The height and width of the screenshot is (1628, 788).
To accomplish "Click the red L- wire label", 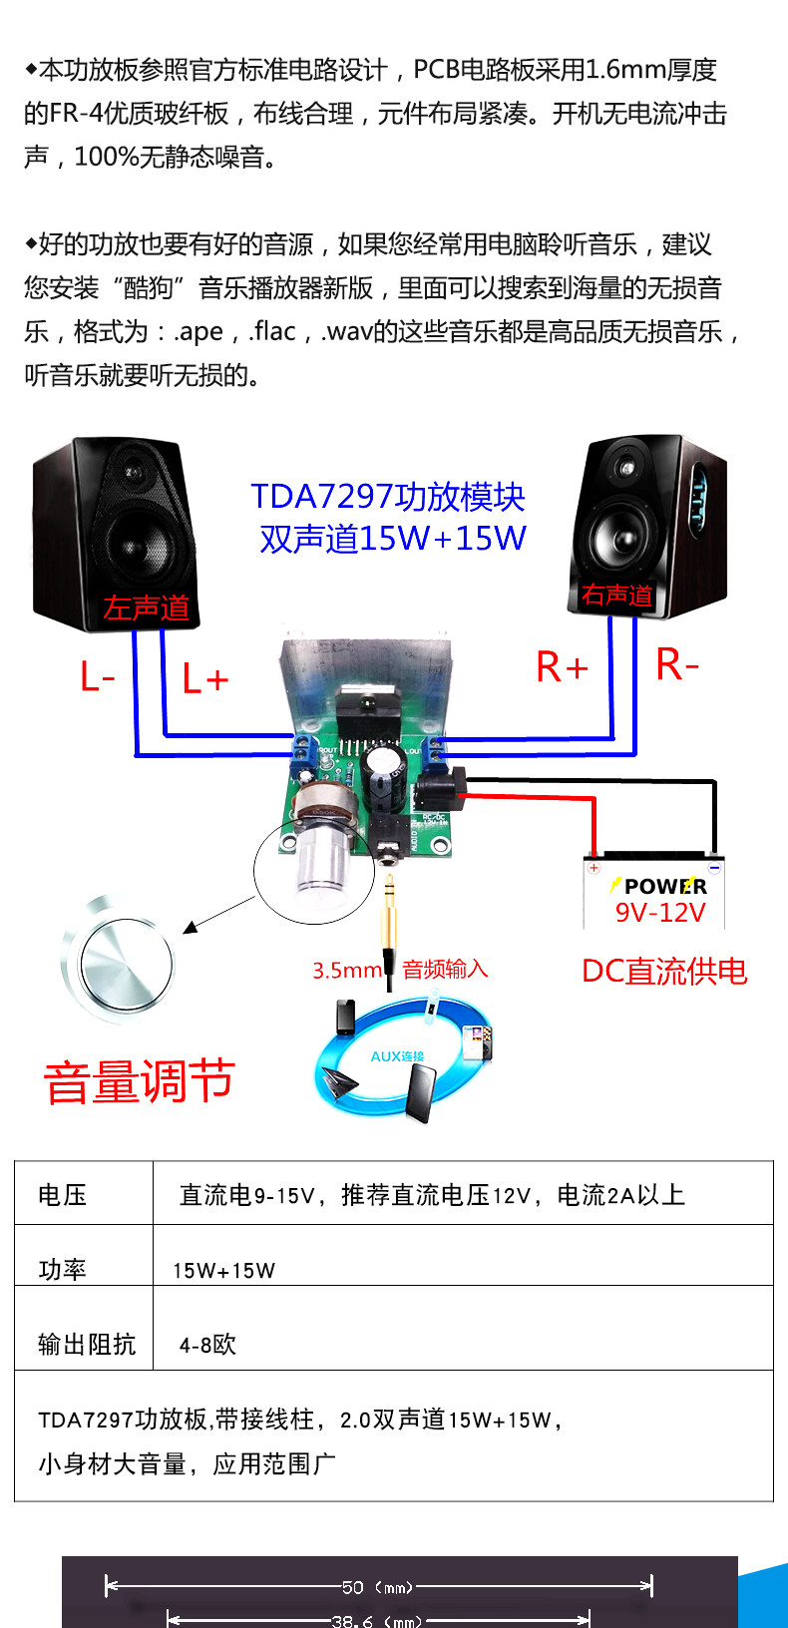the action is click(x=97, y=677).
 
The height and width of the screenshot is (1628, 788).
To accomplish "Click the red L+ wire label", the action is click(x=205, y=679).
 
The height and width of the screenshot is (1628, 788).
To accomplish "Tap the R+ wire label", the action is click(x=562, y=667).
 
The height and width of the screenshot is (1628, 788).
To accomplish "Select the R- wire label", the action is click(x=677, y=664).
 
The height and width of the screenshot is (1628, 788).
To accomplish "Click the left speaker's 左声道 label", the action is click(x=146, y=608).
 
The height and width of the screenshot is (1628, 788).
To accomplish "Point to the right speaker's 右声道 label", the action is click(x=616, y=596).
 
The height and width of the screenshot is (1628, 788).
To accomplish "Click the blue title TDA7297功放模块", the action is click(x=387, y=496).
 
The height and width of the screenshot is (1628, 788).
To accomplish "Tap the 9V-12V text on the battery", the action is click(x=659, y=912).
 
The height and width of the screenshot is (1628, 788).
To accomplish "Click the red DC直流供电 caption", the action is click(x=664, y=971).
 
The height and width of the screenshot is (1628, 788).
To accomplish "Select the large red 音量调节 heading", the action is click(x=140, y=1081).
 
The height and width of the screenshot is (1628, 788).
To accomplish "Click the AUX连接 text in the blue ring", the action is click(x=397, y=1056).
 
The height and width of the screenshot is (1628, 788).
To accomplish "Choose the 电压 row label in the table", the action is click(x=62, y=1195).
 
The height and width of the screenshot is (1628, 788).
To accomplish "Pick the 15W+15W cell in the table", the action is click(x=223, y=1270).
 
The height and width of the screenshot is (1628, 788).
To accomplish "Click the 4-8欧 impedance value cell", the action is click(x=207, y=1345).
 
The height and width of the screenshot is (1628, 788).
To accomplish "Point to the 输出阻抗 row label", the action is click(x=86, y=1345).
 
